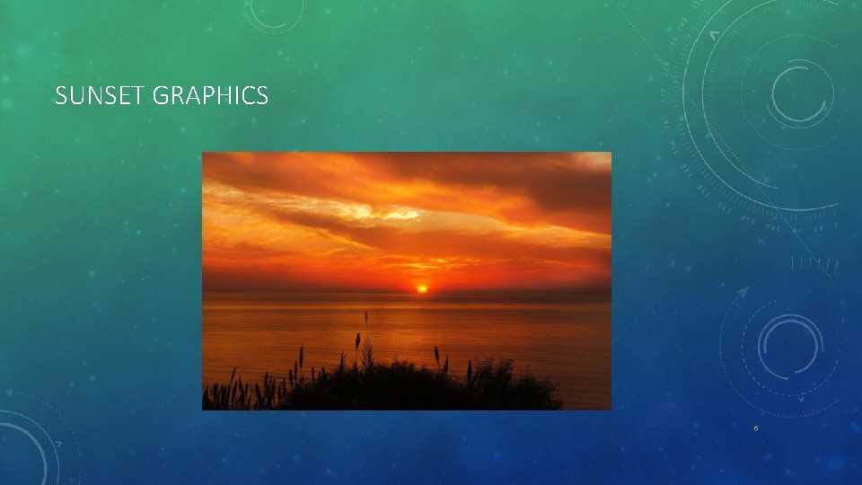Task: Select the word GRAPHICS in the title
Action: (210, 96)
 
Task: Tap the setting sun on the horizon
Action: (421, 288)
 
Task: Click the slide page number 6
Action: (756, 428)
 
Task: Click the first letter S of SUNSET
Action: (61, 96)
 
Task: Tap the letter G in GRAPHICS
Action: (161, 96)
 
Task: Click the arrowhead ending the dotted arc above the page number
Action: (743, 292)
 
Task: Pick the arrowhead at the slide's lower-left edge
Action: (10, 393)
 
